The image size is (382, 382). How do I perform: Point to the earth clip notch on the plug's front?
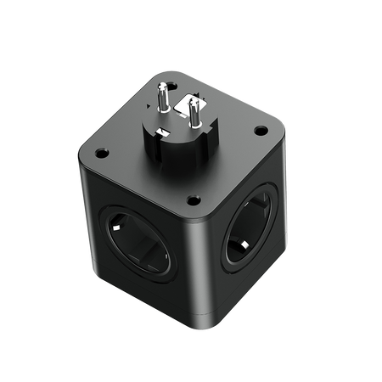click(182, 146)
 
